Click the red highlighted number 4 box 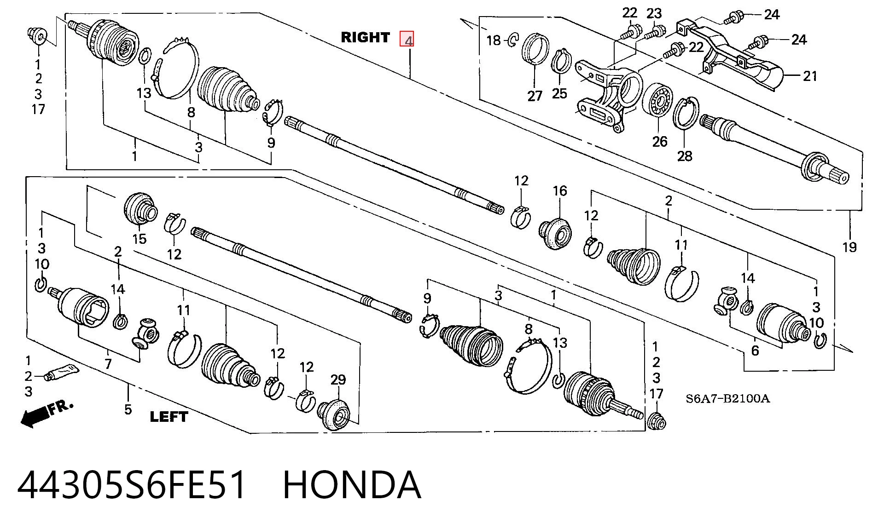(x=407, y=39)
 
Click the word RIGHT (x=365, y=37)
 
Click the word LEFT (x=169, y=417)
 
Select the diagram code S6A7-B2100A (x=727, y=398)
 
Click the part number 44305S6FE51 (x=132, y=484)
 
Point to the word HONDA (x=352, y=484)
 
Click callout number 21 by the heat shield (x=810, y=76)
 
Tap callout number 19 (x=849, y=247)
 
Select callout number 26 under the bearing (x=659, y=141)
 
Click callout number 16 (x=560, y=190)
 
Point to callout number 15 (x=139, y=239)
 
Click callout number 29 (x=338, y=379)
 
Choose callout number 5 (x=128, y=409)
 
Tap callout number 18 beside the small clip (x=494, y=40)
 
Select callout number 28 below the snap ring (x=684, y=156)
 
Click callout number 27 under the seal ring (x=535, y=96)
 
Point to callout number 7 (x=108, y=364)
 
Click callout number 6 (x=755, y=351)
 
